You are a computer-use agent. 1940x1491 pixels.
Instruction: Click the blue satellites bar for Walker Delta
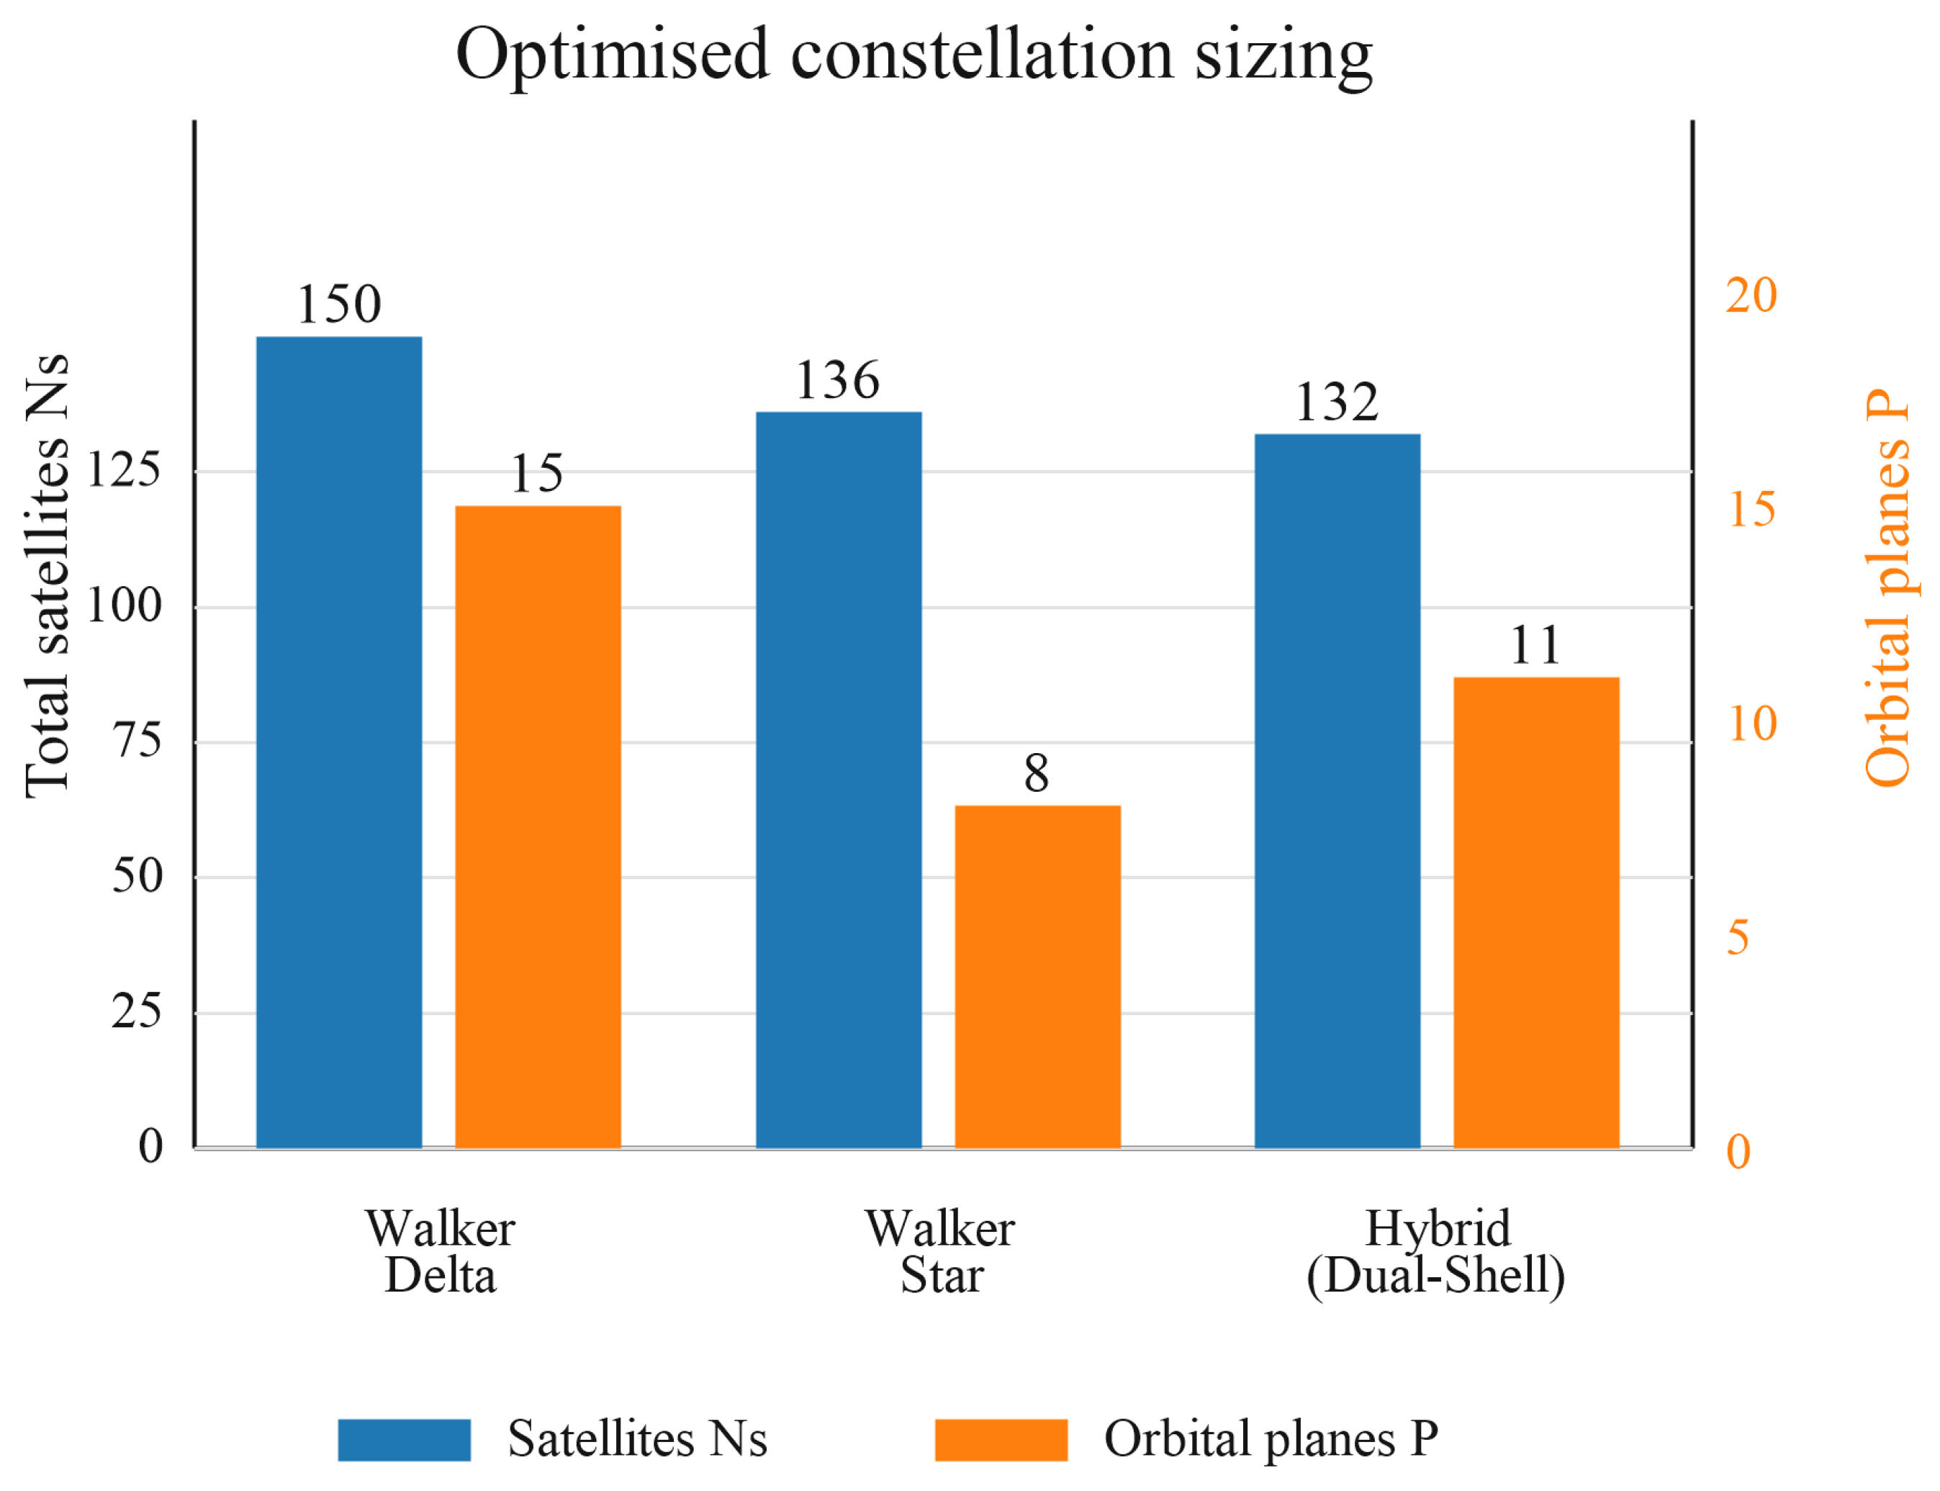coord(339,742)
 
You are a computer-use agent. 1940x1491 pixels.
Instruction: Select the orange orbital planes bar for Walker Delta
coord(538,827)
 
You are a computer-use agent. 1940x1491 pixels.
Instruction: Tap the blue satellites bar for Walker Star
coord(839,780)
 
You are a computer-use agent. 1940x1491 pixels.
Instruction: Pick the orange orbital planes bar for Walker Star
coord(1037,977)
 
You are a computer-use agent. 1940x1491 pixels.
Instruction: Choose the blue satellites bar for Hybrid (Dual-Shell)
coord(1337,790)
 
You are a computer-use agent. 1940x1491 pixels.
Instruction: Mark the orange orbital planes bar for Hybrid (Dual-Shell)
coord(1536,912)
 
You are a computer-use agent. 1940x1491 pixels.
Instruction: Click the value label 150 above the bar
coord(339,305)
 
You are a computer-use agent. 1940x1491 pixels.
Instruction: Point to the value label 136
coord(838,380)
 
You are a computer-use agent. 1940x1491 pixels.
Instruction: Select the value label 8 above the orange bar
coord(1037,773)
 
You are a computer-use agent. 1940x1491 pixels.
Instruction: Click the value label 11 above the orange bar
coord(1535,645)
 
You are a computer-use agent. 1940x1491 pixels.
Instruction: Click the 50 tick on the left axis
coord(137,876)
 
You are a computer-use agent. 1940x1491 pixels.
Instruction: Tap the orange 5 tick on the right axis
coord(1738,938)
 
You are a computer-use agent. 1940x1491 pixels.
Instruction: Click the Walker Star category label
coord(941,1252)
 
